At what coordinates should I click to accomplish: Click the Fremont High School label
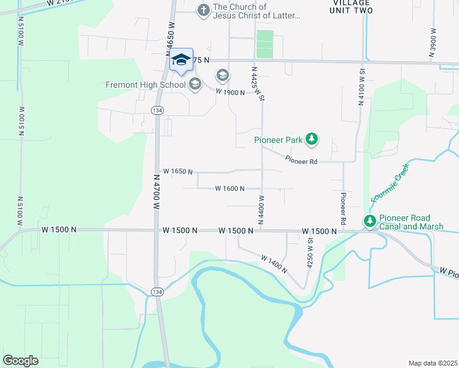145,85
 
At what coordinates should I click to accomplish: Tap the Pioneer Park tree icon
312,139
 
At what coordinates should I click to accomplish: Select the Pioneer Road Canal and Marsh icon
369,221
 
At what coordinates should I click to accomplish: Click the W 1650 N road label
178,172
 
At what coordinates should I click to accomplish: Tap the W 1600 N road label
230,188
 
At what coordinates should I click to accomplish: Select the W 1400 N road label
274,264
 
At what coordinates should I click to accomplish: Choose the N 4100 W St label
362,86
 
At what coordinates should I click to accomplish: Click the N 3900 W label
433,43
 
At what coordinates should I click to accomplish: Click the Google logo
20,361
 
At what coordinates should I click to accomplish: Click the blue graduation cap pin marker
180,60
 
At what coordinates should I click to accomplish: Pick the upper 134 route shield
156,109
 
